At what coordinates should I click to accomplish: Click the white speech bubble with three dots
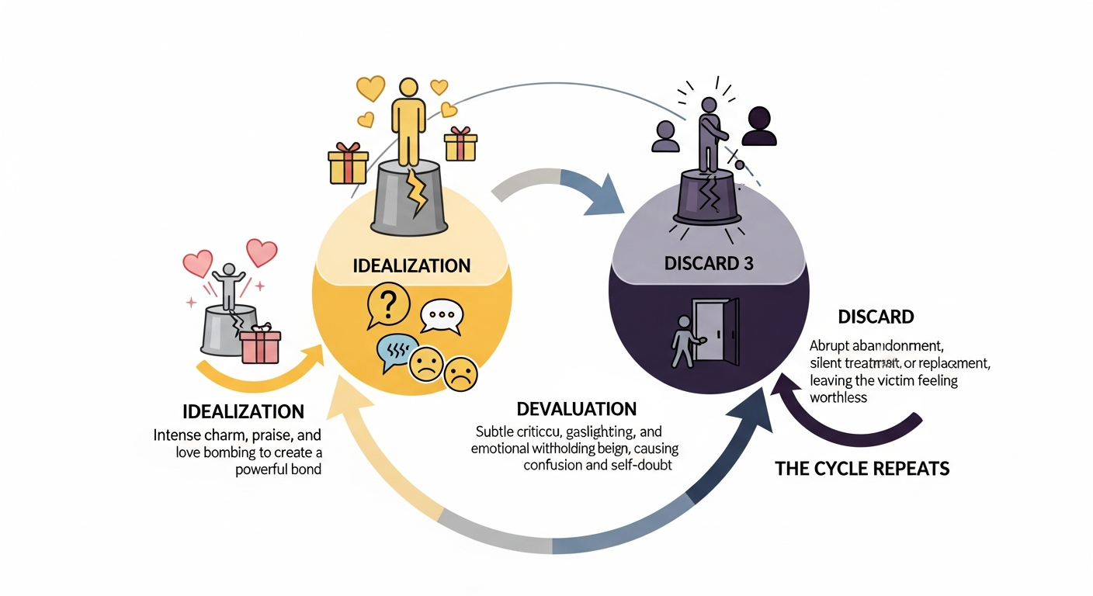(440, 317)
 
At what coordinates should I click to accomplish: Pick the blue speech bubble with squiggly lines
(397, 350)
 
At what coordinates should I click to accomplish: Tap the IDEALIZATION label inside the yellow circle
(411, 266)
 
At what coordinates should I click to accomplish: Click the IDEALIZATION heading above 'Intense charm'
(243, 411)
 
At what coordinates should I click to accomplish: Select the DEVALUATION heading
(577, 408)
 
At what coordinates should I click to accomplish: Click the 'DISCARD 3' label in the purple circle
(709, 263)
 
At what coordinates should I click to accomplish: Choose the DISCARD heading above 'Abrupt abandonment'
(876, 317)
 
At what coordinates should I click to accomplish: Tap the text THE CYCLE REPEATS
(862, 469)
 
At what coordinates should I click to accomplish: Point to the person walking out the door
(683, 341)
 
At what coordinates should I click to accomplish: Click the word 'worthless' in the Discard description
(838, 397)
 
